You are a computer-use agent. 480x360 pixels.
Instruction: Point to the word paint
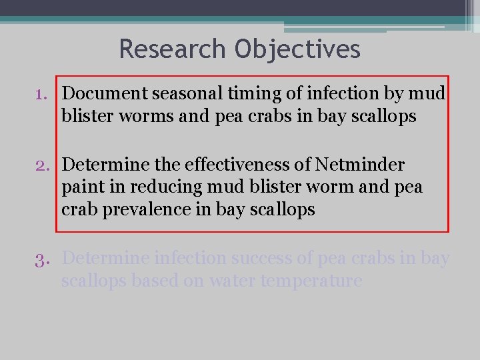(81, 187)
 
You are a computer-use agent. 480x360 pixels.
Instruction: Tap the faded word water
(231, 281)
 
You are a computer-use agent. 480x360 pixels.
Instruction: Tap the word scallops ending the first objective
(381, 117)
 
